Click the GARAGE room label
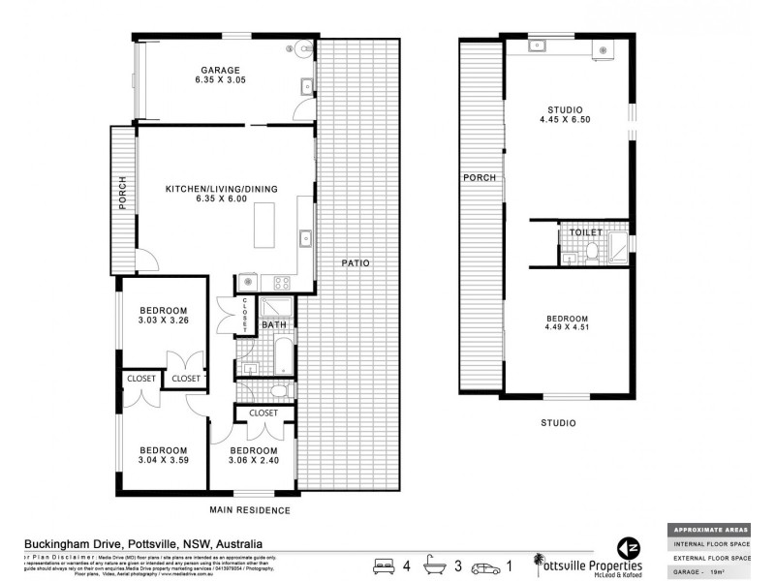coord(221,71)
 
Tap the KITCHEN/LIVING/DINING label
coord(221,188)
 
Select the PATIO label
coord(356,262)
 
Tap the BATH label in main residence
coord(273,324)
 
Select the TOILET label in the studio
coord(588,233)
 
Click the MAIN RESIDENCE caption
coord(250,509)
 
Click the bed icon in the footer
coord(386,564)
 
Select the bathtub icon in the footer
coord(442,564)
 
